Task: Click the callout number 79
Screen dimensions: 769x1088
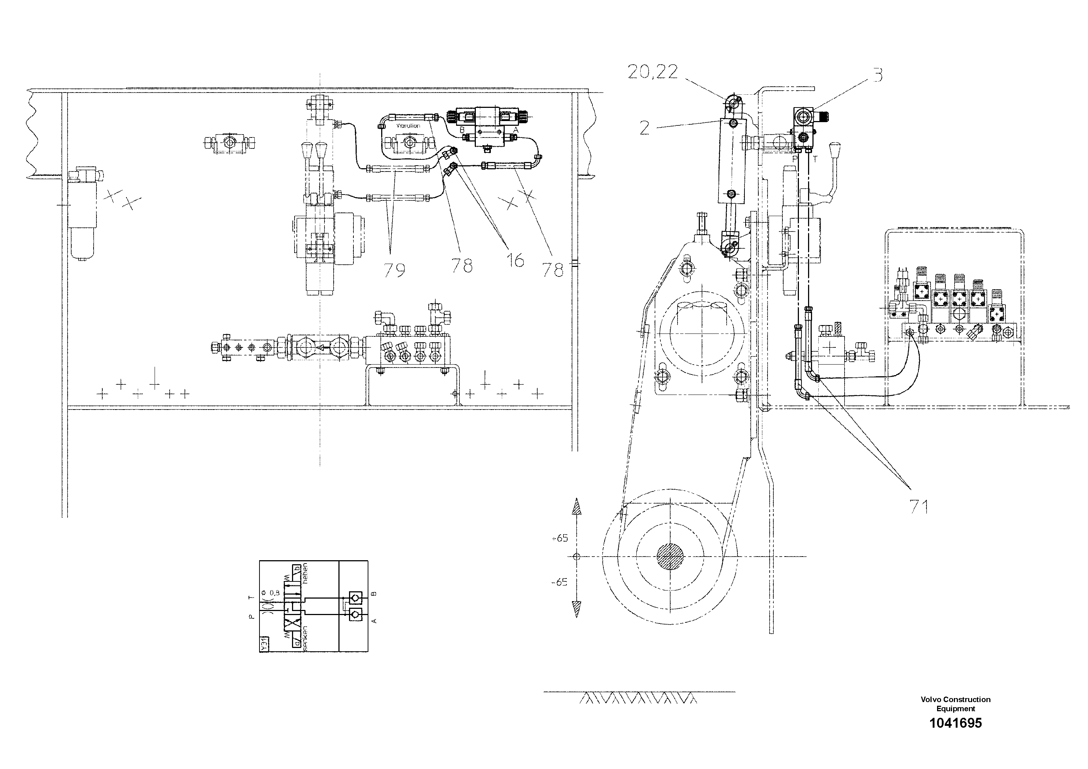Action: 394,270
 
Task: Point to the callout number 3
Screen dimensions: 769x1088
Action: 877,75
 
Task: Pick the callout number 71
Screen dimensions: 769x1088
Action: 918,507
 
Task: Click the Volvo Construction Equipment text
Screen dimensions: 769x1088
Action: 955,704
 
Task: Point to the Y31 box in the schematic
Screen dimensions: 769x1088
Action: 264,644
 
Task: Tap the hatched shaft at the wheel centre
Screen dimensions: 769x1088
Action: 671,556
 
